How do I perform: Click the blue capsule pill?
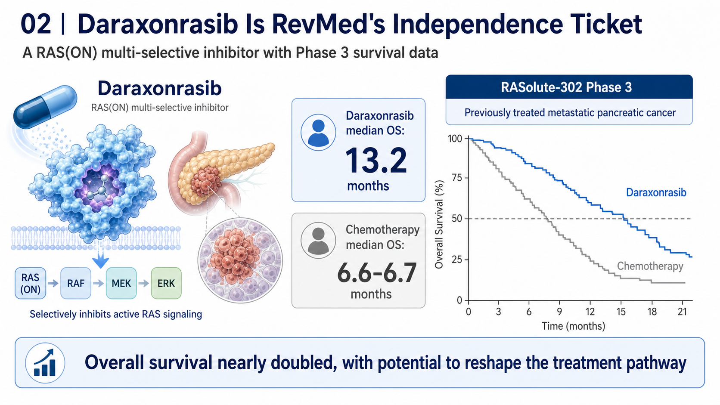45,107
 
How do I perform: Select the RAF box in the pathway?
76,283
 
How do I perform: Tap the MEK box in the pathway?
121,283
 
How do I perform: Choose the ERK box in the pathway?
166,283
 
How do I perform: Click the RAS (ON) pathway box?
30,283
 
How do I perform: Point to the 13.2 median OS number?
376,160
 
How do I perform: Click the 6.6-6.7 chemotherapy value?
377,273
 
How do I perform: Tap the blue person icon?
318,132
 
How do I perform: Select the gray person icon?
318,240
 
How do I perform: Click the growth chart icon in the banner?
45,363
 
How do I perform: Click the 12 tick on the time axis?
590,312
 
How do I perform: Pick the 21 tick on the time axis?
682,312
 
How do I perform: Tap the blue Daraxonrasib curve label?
656,192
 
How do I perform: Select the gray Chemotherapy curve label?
650,266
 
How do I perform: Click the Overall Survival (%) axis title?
439,224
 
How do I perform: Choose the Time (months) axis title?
574,326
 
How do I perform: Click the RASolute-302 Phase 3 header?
566,87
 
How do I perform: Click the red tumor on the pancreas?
206,182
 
